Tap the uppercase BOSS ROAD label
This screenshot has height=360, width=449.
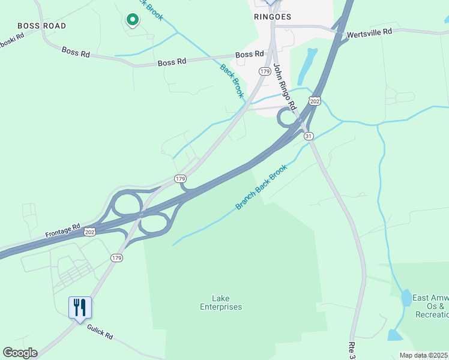pos(41,26)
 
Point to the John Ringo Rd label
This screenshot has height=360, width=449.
pos(285,87)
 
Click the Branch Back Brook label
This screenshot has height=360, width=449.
pos(261,187)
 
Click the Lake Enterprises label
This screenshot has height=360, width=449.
pos(221,302)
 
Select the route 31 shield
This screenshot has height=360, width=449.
pos(309,136)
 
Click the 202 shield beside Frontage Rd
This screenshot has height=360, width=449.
pos(90,232)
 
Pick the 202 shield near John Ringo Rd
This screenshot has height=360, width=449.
pos(315,101)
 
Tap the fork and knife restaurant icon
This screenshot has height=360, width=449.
pos(80,308)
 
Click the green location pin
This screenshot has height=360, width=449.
pos(131,19)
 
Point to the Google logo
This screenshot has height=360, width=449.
pos(20,353)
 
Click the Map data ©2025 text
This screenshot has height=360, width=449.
pos(424,355)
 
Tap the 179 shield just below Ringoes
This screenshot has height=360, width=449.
pos(264,71)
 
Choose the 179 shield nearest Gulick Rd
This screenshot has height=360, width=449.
pos(116,257)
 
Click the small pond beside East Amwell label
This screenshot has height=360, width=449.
pos(406,298)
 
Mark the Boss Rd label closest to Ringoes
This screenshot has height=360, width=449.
pos(250,55)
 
